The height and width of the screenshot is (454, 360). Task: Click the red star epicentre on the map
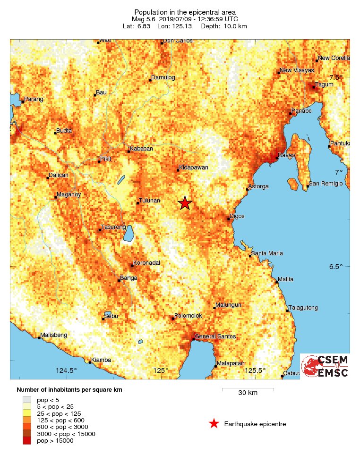tap(185, 203)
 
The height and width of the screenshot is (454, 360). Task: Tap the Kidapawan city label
tap(194, 168)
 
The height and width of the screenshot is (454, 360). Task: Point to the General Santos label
tap(215, 336)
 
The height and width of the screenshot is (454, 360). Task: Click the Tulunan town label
tap(149, 201)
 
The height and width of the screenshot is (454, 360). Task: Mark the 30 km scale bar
tap(248, 390)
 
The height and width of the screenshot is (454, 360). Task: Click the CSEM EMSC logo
tap(325, 366)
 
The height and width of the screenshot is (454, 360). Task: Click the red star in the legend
tap(214, 424)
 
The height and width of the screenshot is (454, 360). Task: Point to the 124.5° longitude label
tap(66, 370)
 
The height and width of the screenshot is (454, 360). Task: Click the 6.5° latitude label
tap(335, 267)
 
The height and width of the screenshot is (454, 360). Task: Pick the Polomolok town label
tap(188, 316)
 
